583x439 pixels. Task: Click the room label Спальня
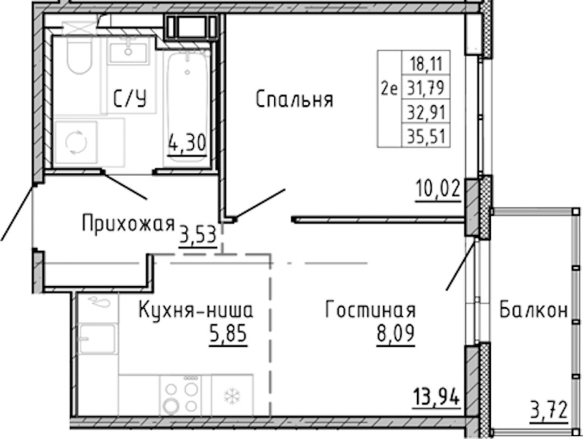pyautogui.click(x=295, y=100)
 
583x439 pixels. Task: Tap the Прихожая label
pyautogui.click(x=128, y=224)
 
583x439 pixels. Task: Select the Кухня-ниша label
pyautogui.click(x=196, y=310)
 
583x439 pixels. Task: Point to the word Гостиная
pyautogui.click(x=371, y=310)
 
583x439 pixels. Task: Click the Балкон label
pyautogui.click(x=533, y=310)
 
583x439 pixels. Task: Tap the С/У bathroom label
pyautogui.click(x=130, y=99)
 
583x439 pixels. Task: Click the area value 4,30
pyautogui.click(x=187, y=143)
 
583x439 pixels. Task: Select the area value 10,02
pyautogui.click(x=438, y=189)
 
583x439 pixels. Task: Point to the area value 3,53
pyautogui.click(x=198, y=235)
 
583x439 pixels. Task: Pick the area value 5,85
pyautogui.click(x=228, y=334)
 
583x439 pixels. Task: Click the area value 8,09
pyautogui.click(x=396, y=334)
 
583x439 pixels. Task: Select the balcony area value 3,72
pyautogui.click(x=549, y=411)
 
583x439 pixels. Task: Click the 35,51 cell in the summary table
pyautogui.click(x=426, y=137)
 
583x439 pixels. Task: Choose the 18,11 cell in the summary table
pyautogui.click(x=426, y=64)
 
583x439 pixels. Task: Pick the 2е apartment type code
pyautogui.click(x=389, y=89)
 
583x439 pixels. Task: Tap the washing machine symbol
pyautogui.click(x=76, y=142)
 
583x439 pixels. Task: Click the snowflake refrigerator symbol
pyautogui.click(x=232, y=396)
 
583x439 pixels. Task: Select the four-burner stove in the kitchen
pyautogui.click(x=181, y=395)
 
